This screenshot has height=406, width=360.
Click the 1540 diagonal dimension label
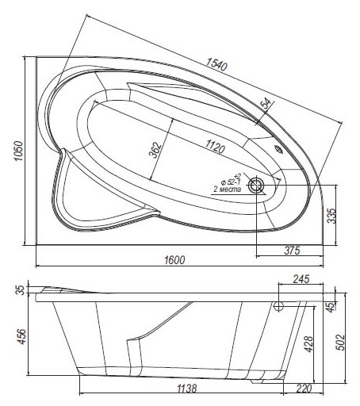point(216,64)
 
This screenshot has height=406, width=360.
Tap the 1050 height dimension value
point(19,151)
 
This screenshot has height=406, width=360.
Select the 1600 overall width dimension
point(174,260)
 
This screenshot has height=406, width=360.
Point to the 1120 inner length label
point(215,147)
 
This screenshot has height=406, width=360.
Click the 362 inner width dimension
point(155,150)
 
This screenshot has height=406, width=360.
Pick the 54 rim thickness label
point(266,103)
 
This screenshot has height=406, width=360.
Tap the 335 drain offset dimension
point(331,216)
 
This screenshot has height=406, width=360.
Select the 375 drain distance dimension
point(292,250)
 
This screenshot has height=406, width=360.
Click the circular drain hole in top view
point(256,186)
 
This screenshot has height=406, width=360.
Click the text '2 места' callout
point(227,190)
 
